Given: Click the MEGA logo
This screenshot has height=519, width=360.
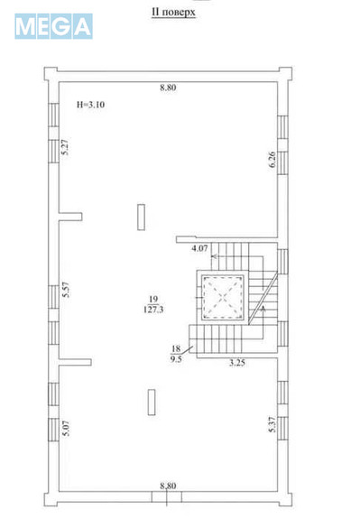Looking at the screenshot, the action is pyautogui.click(x=53, y=26).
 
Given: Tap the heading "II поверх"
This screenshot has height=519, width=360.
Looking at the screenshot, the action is pyautogui.click(x=173, y=13).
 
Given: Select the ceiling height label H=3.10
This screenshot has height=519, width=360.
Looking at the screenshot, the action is pyautogui.click(x=90, y=105).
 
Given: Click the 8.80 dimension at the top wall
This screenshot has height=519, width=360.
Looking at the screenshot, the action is pyautogui.click(x=168, y=88).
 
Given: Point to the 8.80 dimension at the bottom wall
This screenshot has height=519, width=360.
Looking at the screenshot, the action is pyautogui.click(x=168, y=486).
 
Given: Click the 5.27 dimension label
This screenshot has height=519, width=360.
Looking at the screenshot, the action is pyautogui.click(x=66, y=147).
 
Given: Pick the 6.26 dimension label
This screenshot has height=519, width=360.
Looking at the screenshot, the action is pyautogui.click(x=272, y=160).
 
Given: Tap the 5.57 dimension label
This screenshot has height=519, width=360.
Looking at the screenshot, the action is pyautogui.click(x=66, y=290).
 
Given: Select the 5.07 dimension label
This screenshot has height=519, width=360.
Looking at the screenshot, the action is pyautogui.click(x=66, y=428).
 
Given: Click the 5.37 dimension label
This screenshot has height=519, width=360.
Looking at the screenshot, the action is pyautogui.click(x=272, y=424).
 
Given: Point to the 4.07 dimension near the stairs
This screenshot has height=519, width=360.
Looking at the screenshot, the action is pyautogui.click(x=199, y=248).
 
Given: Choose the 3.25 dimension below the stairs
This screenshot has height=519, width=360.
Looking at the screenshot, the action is pyautogui.click(x=237, y=363).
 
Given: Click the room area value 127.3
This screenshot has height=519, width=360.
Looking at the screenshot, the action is pyautogui.click(x=153, y=310).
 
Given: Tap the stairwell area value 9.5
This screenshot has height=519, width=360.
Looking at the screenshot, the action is pyautogui.click(x=176, y=359).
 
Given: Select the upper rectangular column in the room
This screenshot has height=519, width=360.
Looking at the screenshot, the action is pyautogui.click(x=142, y=218).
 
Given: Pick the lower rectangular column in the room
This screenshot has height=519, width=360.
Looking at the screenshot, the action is pyautogui.click(x=152, y=403).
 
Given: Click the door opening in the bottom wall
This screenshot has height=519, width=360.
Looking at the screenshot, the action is pyautogui.click(x=167, y=496).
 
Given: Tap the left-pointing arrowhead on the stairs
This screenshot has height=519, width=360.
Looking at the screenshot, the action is pyautogui.click(x=214, y=256).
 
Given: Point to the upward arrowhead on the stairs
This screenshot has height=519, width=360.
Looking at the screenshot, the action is pyautogui.click(x=263, y=309).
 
